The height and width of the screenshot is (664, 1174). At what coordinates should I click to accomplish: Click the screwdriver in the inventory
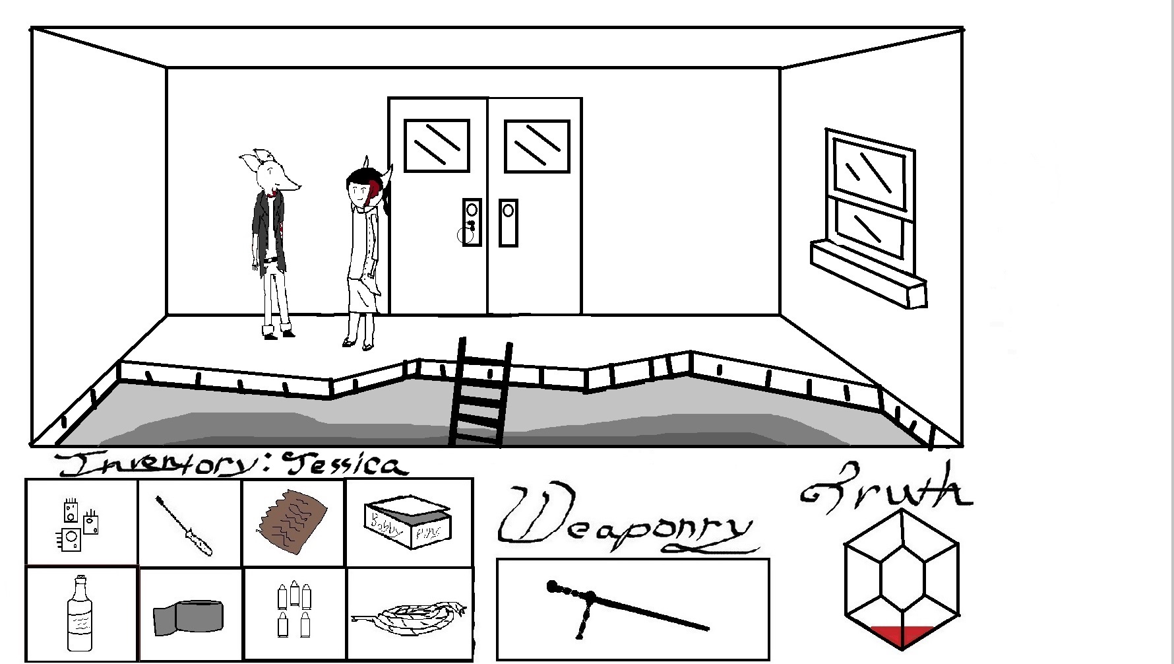(x=185, y=527)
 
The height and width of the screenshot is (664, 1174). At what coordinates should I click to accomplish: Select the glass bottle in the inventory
(x=80, y=614)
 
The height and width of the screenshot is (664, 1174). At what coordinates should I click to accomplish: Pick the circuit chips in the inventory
(x=78, y=525)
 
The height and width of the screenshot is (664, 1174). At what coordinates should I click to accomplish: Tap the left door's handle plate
(x=472, y=222)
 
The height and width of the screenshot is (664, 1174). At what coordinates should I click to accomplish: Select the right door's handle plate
(x=508, y=222)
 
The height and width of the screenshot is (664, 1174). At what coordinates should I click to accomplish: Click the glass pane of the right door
(x=536, y=146)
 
